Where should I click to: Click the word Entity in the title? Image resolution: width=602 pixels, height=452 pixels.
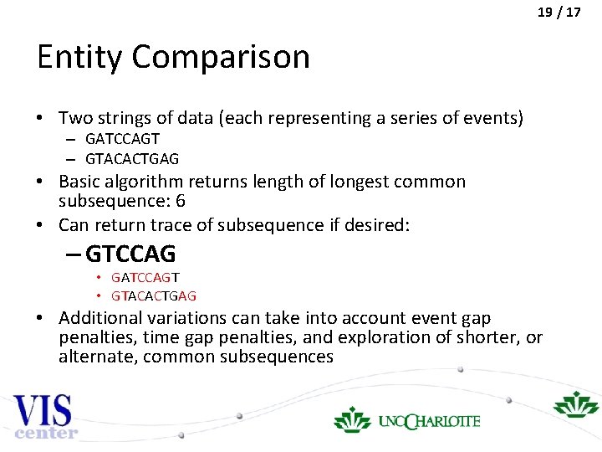point(79,57)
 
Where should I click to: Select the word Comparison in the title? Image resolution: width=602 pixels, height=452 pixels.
point(221,59)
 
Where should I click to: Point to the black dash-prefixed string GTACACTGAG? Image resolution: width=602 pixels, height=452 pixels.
point(132,158)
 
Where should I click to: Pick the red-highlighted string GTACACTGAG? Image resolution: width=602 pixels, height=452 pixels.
point(154,295)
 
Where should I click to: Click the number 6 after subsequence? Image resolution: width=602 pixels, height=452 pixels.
point(180,202)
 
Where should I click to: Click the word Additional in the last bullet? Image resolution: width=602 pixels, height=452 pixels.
point(99,318)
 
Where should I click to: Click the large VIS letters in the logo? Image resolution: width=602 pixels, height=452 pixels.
point(43,411)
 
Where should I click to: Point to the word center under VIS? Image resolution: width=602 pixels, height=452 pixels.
point(47,433)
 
